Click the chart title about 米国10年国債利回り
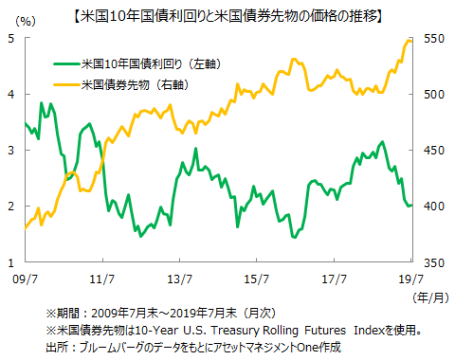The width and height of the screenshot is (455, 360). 227,14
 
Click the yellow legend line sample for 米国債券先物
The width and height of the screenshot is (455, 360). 67,84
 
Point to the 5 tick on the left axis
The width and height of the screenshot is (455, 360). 10,39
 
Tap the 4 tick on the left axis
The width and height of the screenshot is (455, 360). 10,95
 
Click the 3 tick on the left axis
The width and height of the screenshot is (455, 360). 10,151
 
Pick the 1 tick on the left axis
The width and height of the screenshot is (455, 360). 10,262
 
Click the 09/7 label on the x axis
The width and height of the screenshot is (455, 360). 24,279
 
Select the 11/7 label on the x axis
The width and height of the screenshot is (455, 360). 101,279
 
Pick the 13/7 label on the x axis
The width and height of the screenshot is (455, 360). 179,279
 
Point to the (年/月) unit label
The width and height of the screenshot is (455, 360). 426,296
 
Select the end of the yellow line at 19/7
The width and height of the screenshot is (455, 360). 411,41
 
